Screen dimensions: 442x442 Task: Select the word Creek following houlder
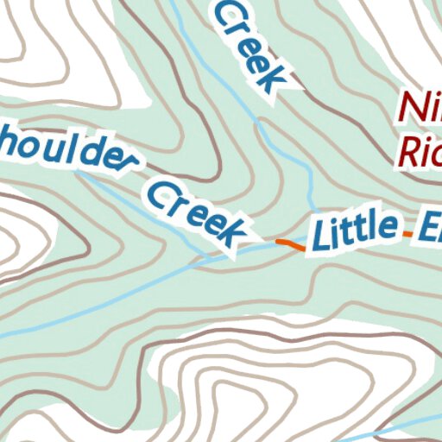coord(195,211)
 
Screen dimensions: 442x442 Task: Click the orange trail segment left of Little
coord(289,244)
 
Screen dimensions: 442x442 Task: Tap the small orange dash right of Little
coord(404,231)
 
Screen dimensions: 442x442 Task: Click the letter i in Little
coord(337,230)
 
